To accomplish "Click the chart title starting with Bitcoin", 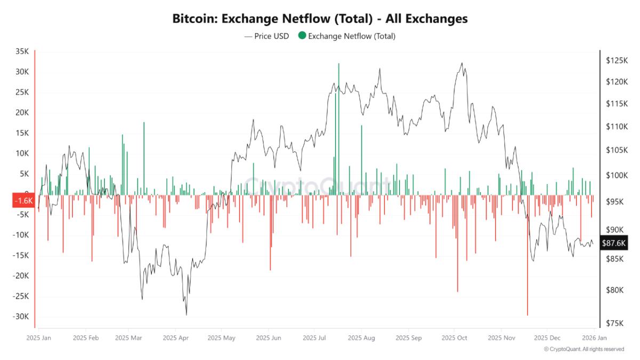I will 320,19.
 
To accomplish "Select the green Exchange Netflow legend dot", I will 302,36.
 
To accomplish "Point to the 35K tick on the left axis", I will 22,52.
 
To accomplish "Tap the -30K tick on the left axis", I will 21,316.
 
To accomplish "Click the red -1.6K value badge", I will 23,201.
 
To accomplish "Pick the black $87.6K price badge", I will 613,243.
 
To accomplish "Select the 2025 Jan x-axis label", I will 39,338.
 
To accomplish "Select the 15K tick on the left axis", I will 22,133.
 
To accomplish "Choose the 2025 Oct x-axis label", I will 455,338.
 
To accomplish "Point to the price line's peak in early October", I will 462,63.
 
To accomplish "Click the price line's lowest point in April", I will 186,315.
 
